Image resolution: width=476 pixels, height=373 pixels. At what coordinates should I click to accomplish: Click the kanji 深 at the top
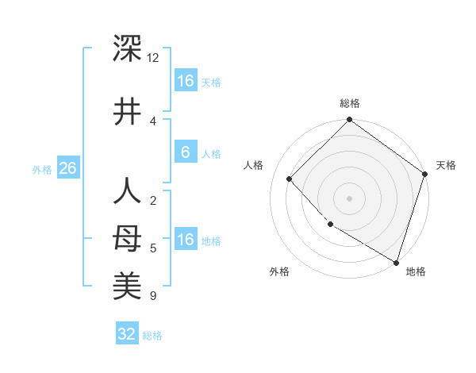click(127, 49)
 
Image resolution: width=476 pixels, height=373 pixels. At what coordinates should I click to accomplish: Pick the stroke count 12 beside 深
click(152, 58)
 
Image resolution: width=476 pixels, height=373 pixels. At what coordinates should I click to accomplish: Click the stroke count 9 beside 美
click(152, 297)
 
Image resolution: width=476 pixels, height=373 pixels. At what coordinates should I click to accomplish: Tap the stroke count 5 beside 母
click(152, 248)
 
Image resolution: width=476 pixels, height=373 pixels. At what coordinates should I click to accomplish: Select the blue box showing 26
click(67, 168)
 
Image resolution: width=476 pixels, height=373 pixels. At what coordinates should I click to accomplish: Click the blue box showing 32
click(127, 334)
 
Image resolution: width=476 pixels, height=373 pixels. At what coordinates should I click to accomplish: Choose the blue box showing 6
click(185, 152)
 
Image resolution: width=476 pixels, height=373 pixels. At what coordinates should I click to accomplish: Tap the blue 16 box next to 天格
click(185, 81)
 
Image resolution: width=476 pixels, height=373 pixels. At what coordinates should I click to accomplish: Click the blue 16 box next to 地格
click(185, 240)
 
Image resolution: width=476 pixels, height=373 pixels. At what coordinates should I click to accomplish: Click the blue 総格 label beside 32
click(152, 335)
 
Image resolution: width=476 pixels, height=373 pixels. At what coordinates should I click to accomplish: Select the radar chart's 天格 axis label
click(446, 165)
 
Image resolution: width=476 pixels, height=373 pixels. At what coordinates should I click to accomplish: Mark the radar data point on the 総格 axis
click(349, 121)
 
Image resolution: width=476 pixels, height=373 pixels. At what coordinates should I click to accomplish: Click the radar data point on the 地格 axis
click(396, 262)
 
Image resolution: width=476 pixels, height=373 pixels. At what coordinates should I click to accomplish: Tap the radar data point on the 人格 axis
click(290, 179)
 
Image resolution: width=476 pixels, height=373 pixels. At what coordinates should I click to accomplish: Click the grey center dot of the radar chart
click(349, 198)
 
